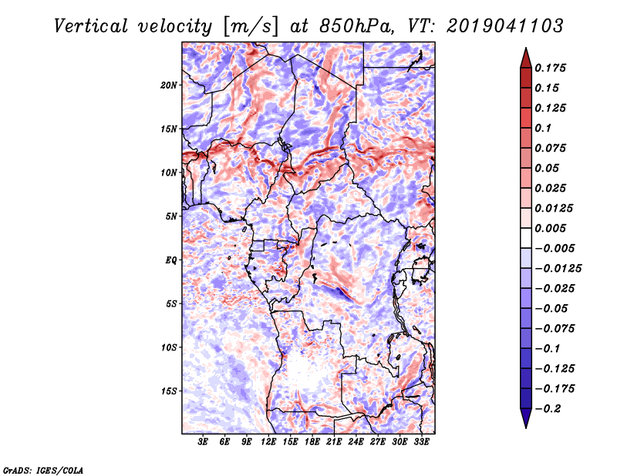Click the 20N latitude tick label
[169, 85]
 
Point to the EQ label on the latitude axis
[171, 260]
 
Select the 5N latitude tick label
[171, 216]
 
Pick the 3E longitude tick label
[203, 442]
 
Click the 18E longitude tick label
[312, 442]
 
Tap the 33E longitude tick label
[421, 442]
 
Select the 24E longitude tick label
[356, 442]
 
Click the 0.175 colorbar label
[550, 68]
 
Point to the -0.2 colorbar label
[548, 409]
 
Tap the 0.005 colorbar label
[550, 228]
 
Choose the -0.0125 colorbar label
[558, 269]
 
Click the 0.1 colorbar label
[543, 128]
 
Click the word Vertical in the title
[91, 26]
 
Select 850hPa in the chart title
[357, 26]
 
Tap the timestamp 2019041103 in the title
[505, 26]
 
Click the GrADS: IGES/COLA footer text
[43, 471]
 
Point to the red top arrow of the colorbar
[526, 59]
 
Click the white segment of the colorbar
[526, 238]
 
